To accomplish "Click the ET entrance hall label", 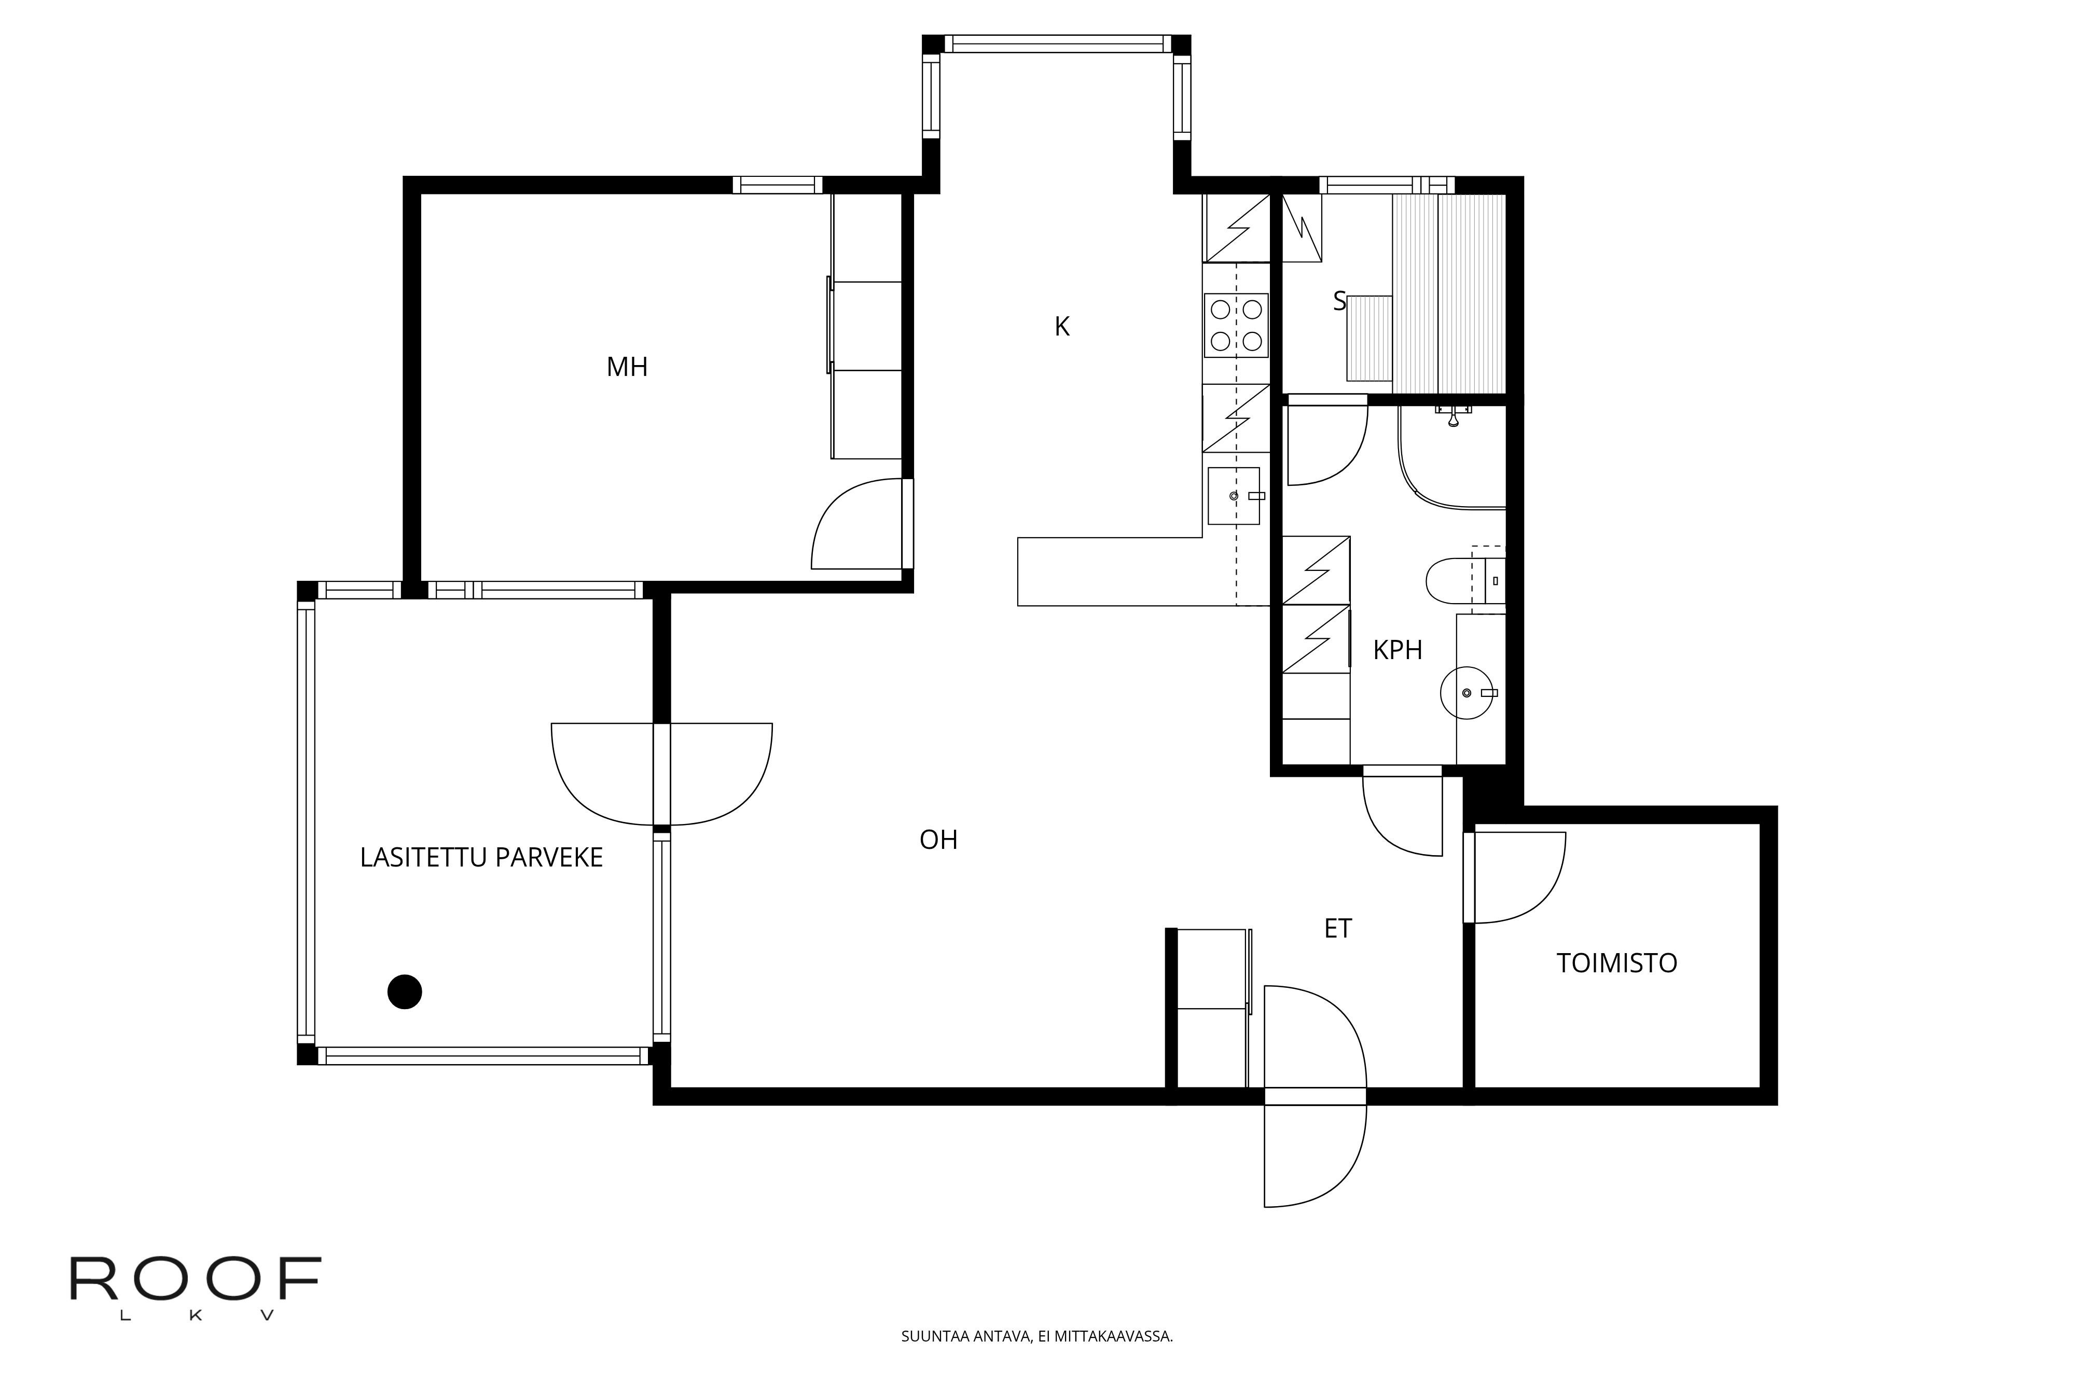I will click(1337, 929).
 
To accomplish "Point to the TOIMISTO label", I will click(1616, 963).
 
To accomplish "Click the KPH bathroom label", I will click(1398, 650).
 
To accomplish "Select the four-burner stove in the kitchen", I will click(1236, 326).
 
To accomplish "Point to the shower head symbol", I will click(1453, 416).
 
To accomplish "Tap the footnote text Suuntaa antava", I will click(1036, 1336).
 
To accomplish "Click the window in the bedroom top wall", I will click(777, 185).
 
